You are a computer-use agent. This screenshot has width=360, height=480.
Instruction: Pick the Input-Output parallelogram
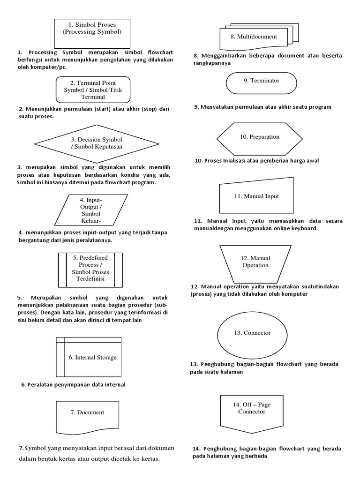91,210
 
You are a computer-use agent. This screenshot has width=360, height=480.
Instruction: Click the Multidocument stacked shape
254,37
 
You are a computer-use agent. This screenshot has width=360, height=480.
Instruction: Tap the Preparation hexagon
260,137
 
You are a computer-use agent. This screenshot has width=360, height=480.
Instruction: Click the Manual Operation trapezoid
255,262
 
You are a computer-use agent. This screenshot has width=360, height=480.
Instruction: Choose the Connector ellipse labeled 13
252,333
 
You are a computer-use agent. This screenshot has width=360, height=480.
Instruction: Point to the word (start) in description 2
102,109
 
